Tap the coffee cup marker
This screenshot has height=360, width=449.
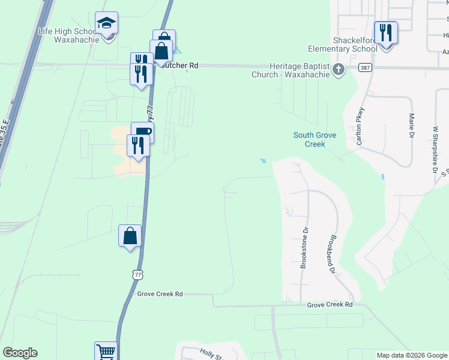pos(142,132)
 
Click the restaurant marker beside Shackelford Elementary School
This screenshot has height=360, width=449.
pos(385,32)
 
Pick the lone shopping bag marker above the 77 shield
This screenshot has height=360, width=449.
pos(130,236)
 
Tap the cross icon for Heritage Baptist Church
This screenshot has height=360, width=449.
pos(339,70)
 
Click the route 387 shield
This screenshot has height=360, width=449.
pos(364,68)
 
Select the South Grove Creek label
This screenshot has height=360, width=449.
pos(315,140)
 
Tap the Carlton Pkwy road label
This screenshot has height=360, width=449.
pos(361,126)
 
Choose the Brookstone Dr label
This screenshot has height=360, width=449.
pos(304,248)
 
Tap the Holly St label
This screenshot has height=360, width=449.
pos(211,355)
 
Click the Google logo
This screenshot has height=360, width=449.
pos(20,353)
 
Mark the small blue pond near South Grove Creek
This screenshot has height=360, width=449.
pos(262,161)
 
